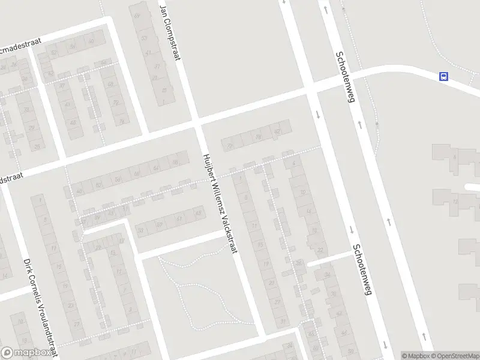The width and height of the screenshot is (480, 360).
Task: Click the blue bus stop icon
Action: tap(443, 76)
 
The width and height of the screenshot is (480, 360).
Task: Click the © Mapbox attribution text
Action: tap(415, 356)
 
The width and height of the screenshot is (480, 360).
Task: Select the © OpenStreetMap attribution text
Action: tap(454, 356)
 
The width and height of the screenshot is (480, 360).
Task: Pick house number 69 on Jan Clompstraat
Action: tap(137, 16)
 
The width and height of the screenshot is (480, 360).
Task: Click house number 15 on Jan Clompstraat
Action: tap(164, 91)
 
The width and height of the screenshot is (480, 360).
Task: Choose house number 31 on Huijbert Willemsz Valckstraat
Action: tap(284, 322)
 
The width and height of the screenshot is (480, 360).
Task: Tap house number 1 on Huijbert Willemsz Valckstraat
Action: tap(240, 178)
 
